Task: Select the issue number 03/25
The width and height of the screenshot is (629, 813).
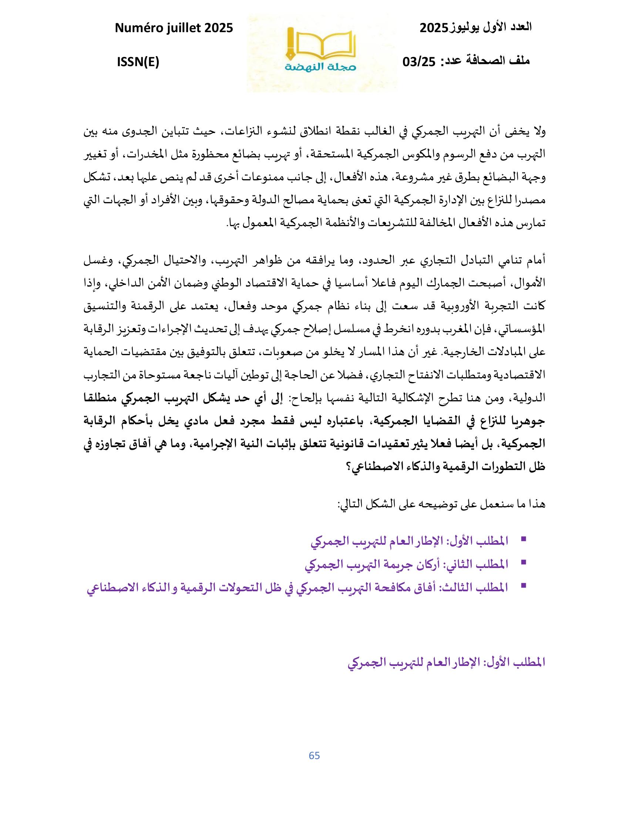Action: (x=419, y=62)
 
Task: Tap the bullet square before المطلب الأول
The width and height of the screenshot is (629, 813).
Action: (x=524, y=539)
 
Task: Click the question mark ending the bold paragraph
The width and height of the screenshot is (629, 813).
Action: (x=345, y=467)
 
